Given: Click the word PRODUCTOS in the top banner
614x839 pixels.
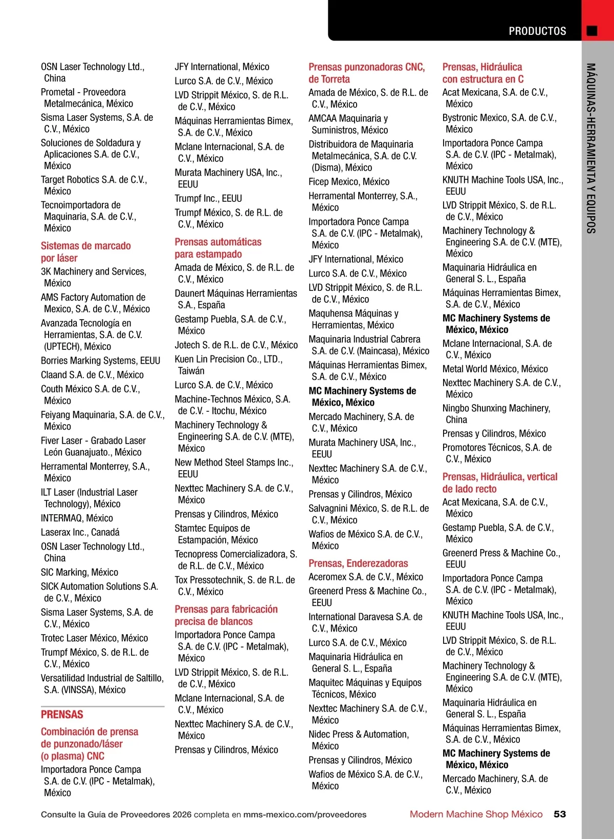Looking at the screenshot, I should pos(537,31).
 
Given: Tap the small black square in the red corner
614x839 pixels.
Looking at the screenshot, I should pos(592,31).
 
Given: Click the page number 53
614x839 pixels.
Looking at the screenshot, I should pos(560,814).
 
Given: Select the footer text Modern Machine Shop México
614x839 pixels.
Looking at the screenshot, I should pos(476,814).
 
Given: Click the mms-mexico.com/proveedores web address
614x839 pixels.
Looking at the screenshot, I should pos(304,814).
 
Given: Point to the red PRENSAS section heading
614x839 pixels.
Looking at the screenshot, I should pos(62,715).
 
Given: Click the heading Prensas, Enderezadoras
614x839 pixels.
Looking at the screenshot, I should pos(358,563).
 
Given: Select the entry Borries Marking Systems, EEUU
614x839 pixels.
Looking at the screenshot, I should pos(100,361).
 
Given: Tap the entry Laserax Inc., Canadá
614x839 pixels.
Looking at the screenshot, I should pos(80,532).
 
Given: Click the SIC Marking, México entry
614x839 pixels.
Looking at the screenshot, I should pos(79,572).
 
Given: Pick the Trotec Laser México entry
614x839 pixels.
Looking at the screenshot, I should pos(94,638).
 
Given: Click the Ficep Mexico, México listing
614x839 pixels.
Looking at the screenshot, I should pos(349,182).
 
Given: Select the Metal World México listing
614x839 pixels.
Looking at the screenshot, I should pos(495,369).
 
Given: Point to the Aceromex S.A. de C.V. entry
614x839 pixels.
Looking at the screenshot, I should pos(366,577).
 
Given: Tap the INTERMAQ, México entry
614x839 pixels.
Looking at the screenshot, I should pos(77,518).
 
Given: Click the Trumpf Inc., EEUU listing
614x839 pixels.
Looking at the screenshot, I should pos(208,198).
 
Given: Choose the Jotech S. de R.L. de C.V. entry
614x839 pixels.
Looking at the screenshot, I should pos(236,345).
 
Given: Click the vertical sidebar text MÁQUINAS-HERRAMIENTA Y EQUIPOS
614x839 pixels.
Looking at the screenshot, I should pos(591,149).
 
